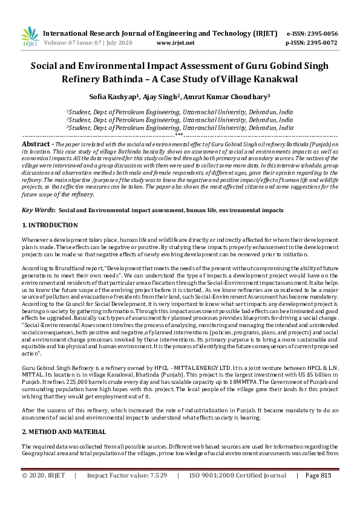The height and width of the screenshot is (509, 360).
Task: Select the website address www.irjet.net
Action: [x=175, y=44]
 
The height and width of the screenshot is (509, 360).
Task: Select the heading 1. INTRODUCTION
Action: [x=50, y=225]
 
